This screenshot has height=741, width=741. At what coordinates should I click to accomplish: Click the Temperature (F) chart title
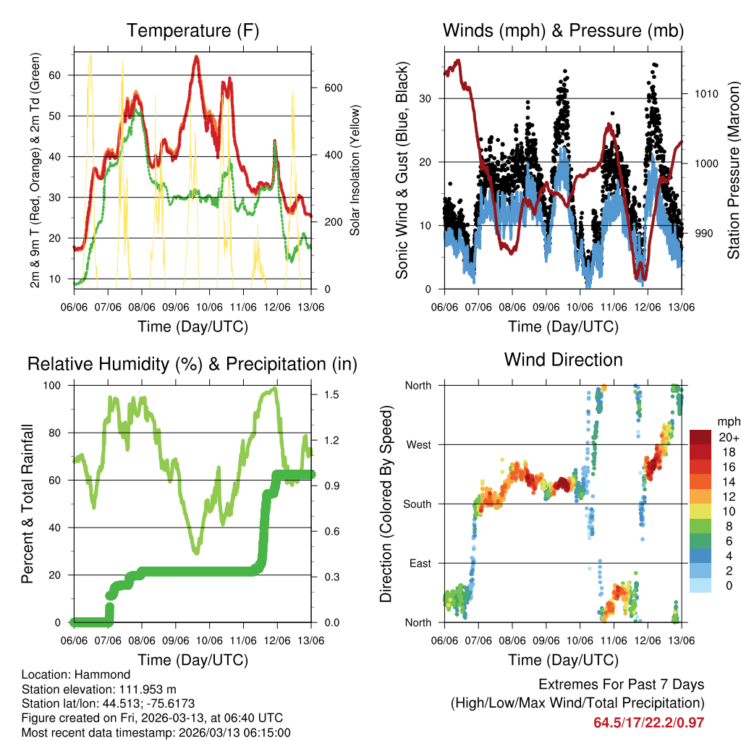pos(192,31)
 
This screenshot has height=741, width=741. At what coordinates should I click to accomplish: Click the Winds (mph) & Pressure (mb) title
pos(563,31)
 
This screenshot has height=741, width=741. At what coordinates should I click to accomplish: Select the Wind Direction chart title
pos(563,360)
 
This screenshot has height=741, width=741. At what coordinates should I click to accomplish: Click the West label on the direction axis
pos(418,445)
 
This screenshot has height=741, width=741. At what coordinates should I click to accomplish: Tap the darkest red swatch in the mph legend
pos(700,436)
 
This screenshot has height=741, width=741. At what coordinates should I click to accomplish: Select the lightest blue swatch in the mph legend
pos(700,585)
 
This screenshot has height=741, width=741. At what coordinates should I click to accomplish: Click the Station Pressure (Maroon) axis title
pos(733,170)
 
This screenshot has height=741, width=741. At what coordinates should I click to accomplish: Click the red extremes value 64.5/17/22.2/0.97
pos(648,723)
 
